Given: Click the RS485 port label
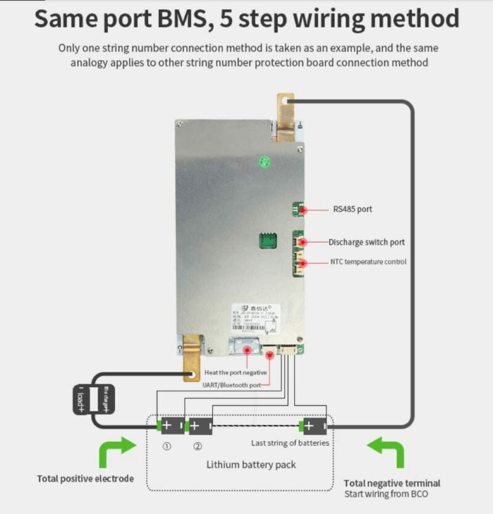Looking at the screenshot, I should point(352,210).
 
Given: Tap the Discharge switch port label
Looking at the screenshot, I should point(366,242).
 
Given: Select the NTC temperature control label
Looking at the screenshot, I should point(368,262).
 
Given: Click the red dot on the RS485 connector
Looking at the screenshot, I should point(303,210).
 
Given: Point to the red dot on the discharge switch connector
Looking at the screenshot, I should point(303,242).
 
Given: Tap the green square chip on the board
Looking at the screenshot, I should point(267,241).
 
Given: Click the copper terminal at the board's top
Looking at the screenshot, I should point(285,117).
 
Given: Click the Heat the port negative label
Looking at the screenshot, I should point(235,372).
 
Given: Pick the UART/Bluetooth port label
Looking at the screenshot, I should point(231,385).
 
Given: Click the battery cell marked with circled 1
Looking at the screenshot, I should point(171,425).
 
